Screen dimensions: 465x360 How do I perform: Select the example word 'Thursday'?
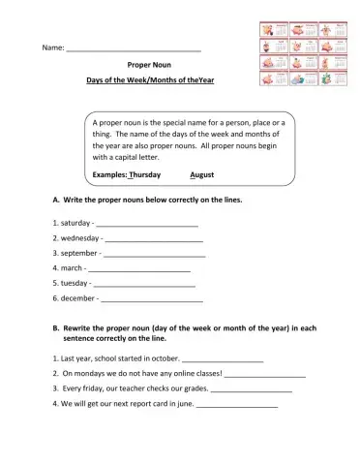point(144,174)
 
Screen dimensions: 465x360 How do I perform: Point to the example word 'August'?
point(202,174)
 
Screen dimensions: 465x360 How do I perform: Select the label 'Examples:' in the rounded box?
point(109,174)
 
